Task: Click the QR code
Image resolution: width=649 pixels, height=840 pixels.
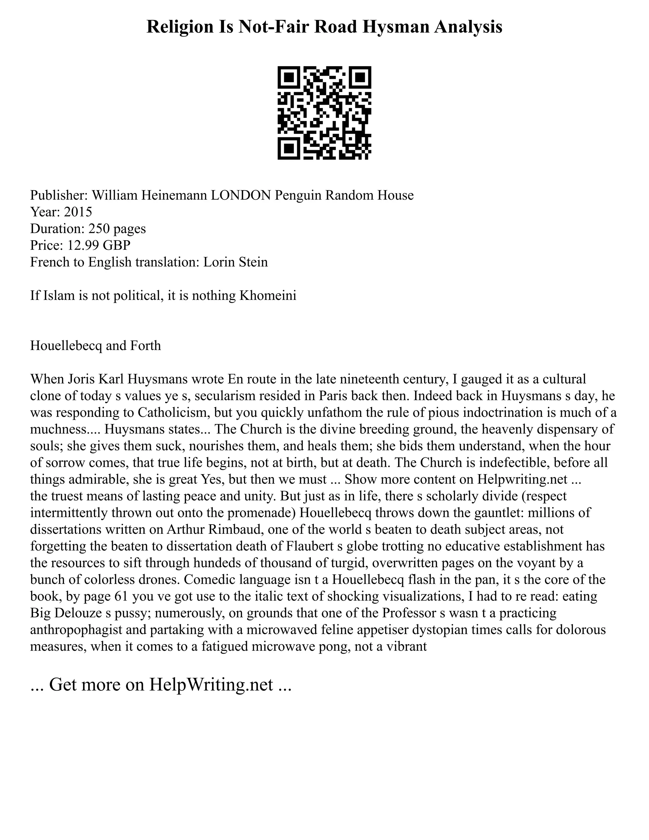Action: coord(324,113)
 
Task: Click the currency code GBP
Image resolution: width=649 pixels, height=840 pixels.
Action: coord(118,245)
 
